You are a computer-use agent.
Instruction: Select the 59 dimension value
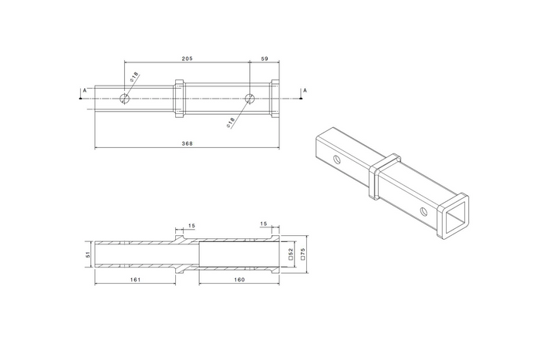[x=265, y=58]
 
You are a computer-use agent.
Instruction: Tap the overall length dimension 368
[x=186, y=143]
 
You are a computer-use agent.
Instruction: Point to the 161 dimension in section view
[x=135, y=280]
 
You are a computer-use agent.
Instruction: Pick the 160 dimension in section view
[x=238, y=280]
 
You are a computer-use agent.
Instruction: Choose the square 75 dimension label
[x=303, y=254]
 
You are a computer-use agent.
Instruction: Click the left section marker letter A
[x=83, y=90]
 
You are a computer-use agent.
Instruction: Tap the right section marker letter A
[x=305, y=90]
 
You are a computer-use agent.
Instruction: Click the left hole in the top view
[x=125, y=98]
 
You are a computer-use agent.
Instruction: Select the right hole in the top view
[x=249, y=98]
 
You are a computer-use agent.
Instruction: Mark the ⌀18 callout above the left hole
[x=135, y=76]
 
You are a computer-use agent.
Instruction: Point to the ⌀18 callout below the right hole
[x=231, y=122]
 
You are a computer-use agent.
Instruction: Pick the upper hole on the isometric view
[x=337, y=159]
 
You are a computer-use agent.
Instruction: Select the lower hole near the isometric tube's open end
[x=424, y=210]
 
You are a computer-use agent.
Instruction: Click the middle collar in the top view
[x=180, y=98]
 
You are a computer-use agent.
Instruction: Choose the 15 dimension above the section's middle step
[x=191, y=225]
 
